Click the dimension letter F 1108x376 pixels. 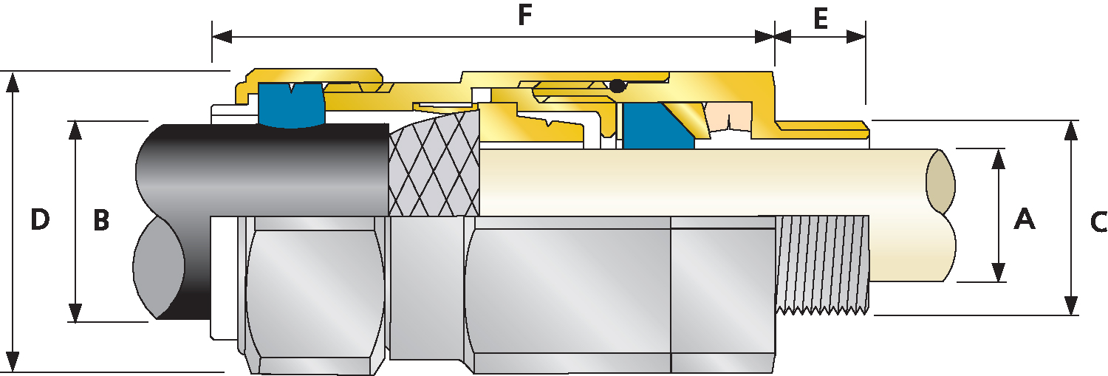pos(524,16)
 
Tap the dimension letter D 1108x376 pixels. pos(40,219)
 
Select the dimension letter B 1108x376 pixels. pos(101,220)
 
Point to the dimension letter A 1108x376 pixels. pos(1025,219)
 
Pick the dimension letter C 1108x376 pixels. pos(1098,222)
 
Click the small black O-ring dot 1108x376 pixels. pos(618,86)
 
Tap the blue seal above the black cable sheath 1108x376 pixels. pos(292,106)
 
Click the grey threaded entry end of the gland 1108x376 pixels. pos(822,264)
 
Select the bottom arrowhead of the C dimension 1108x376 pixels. pos(1071,305)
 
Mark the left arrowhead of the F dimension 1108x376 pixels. pos(222,36)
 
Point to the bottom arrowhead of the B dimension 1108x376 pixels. pos(75,312)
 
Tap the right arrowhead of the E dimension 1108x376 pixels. pos(856,36)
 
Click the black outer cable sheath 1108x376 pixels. pos(262,171)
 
